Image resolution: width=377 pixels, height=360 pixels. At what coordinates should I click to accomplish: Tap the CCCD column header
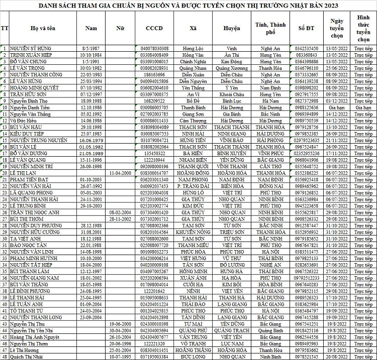(x=154, y=29)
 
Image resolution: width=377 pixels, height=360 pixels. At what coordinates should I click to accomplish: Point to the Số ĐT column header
(x=306, y=29)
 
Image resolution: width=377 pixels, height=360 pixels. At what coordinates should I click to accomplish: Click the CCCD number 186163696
(x=154, y=74)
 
